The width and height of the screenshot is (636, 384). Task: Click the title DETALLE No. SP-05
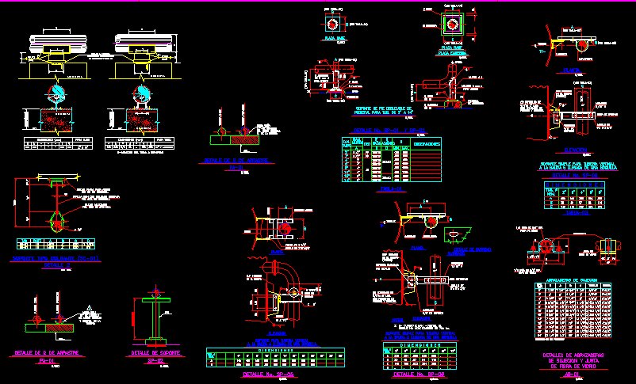tap(267, 374)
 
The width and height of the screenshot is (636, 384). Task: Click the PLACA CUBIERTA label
tap(453, 52)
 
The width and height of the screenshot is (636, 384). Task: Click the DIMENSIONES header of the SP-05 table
tap(274, 348)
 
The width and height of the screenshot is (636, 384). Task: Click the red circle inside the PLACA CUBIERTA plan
tap(452, 24)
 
